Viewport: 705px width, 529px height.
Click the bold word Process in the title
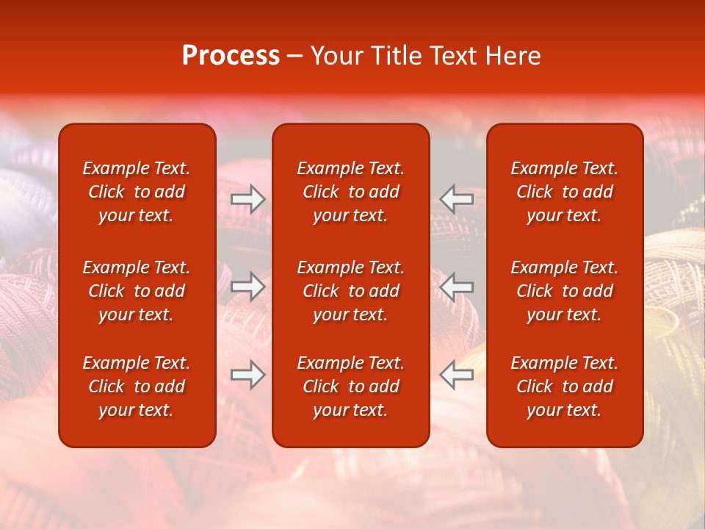(231, 56)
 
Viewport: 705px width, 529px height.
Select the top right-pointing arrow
(247, 199)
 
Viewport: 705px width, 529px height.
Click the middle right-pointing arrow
(247, 287)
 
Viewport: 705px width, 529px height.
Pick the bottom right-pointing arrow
(247, 375)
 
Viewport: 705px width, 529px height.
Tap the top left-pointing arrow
(457, 199)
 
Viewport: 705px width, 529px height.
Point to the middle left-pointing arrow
(457, 287)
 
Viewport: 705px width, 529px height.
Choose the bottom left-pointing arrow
(457, 375)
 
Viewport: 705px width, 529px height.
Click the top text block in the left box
(137, 192)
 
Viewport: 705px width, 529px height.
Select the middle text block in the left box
(137, 291)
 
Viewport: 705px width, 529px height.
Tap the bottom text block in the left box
(137, 386)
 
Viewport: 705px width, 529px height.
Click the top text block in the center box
(350, 192)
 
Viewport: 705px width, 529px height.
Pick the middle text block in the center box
(350, 291)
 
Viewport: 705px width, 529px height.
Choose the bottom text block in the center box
(350, 386)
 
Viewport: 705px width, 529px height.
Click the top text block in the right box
(564, 192)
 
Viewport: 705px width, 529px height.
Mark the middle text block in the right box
(564, 291)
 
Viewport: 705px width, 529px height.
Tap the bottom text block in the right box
(564, 386)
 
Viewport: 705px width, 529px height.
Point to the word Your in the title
(336, 56)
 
